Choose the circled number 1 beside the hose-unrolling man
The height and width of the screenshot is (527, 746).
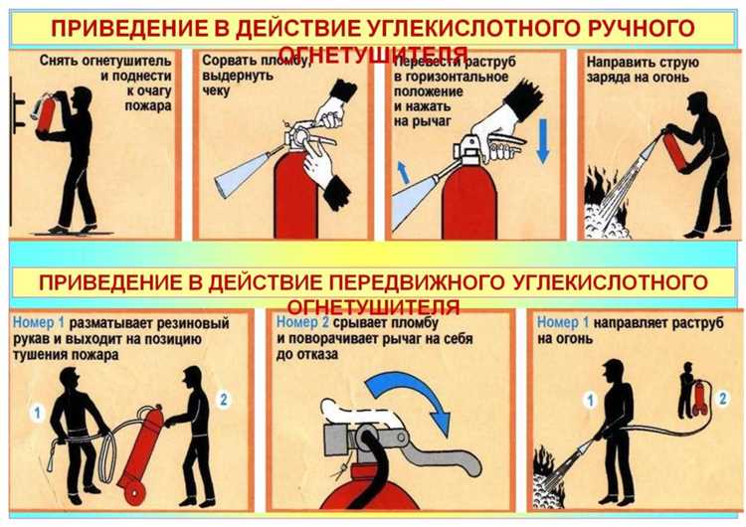35,411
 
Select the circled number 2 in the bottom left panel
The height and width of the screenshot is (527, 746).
223,400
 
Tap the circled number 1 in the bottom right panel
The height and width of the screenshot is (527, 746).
590,401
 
